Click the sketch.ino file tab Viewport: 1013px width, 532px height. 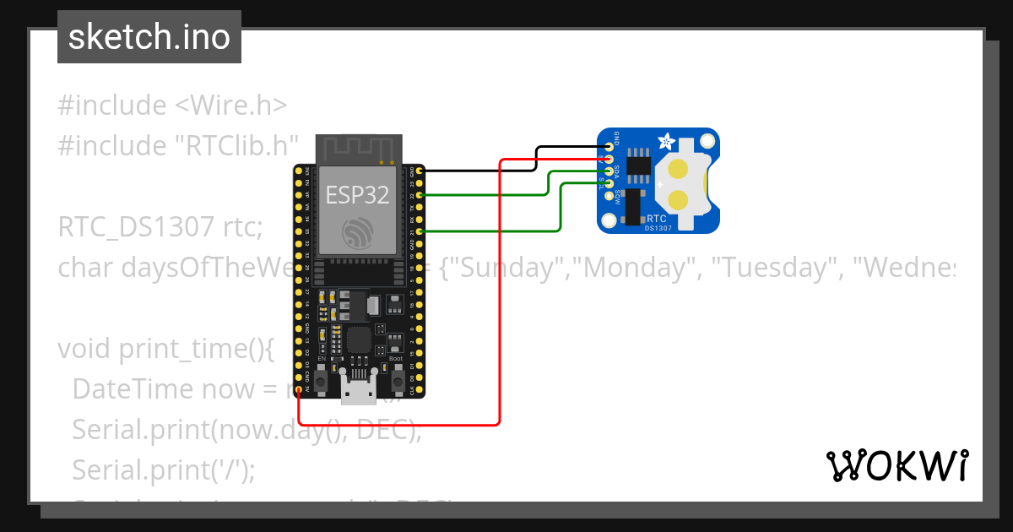(x=149, y=37)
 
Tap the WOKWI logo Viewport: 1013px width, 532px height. (x=897, y=465)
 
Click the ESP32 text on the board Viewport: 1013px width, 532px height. (x=358, y=195)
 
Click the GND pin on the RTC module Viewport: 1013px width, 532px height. (x=609, y=147)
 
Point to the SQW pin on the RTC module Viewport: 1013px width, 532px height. (x=609, y=196)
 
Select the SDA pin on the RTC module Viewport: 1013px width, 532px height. (x=609, y=171)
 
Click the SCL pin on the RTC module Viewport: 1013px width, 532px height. (x=609, y=183)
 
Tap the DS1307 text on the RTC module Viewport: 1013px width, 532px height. (x=659, y=227)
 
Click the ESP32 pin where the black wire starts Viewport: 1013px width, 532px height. (x=419, y=171)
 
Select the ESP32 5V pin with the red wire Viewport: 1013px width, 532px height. (x=299, y=389)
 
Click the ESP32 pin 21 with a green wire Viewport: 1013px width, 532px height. (x=419, y=231)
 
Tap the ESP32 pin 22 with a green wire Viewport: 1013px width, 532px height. (x=419, y=195)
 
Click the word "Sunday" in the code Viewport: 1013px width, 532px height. (x=506, y=268)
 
